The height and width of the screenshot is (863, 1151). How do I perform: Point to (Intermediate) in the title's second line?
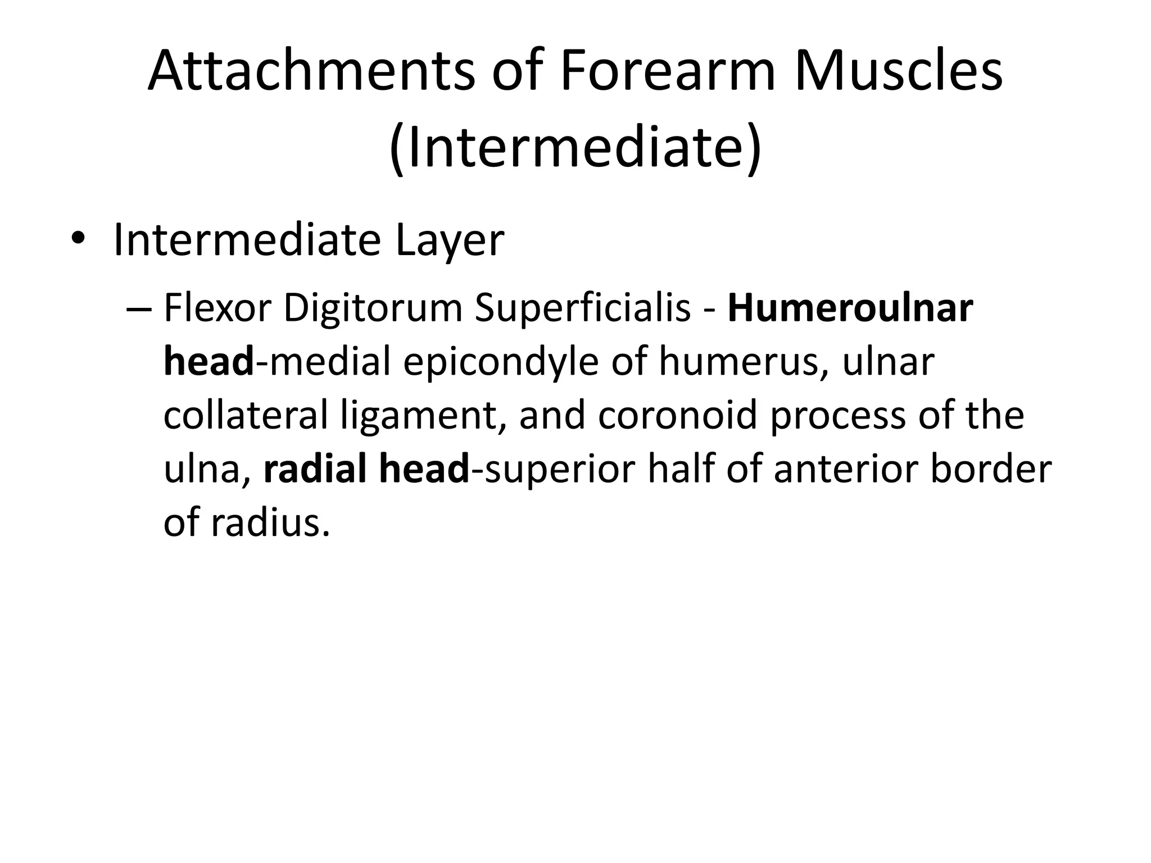(x=575, y=148)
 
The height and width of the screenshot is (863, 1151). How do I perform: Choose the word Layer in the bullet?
(x=450, y=240)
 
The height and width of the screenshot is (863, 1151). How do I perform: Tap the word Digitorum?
(x=373, y=308)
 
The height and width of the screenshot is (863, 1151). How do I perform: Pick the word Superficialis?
(x=582, y=308)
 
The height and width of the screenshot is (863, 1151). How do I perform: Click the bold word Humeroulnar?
(x=850, y=308)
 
